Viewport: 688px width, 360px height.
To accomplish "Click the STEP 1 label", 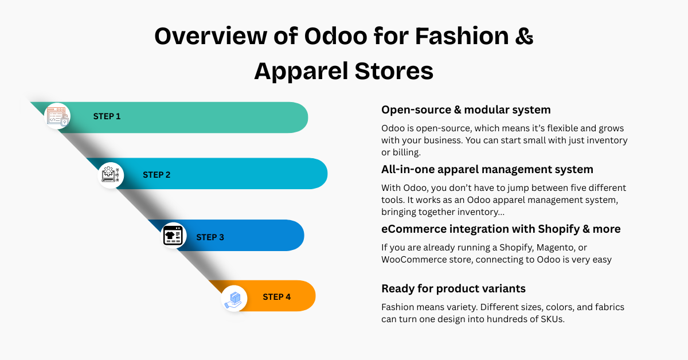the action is [x=107, y=116].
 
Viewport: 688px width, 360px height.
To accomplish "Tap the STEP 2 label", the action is [x=157, y=175].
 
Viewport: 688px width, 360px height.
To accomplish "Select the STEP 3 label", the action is [x=210, y=237].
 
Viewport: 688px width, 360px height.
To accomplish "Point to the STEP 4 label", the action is [x=277, y=297].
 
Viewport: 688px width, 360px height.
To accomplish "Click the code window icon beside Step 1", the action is [x=57, y=116].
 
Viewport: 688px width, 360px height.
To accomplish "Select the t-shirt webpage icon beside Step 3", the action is [x=173, y=235].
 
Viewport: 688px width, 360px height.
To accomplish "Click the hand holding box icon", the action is [x=233, y=299].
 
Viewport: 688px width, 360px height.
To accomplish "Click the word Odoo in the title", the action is [x=336, y=36].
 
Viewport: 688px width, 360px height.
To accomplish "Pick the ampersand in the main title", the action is [x=524, y=36].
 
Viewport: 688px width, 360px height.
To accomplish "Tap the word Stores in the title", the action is [x=394, y=71].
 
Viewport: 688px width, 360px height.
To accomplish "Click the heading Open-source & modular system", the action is [x=466, y=109].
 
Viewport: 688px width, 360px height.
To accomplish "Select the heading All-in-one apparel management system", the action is [x=487, y=169].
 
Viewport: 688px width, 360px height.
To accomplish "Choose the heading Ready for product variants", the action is [x=454, y=288].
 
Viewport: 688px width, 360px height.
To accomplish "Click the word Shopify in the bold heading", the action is [x=558, y=229].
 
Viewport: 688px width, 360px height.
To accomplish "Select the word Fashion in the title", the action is [x=462, y=36].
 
